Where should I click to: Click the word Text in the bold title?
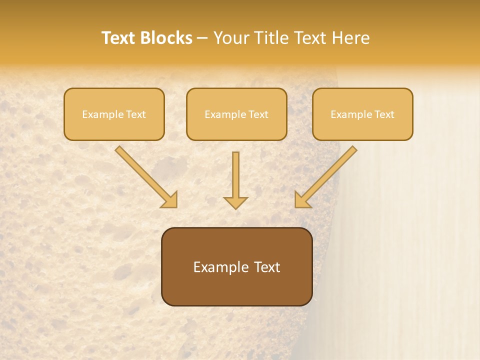click(x=119, y=38)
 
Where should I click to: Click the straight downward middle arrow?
click(x=235, y=175)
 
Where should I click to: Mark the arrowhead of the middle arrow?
click(x=235, y=202)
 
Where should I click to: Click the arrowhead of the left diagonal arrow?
click(x=170, y=200)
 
